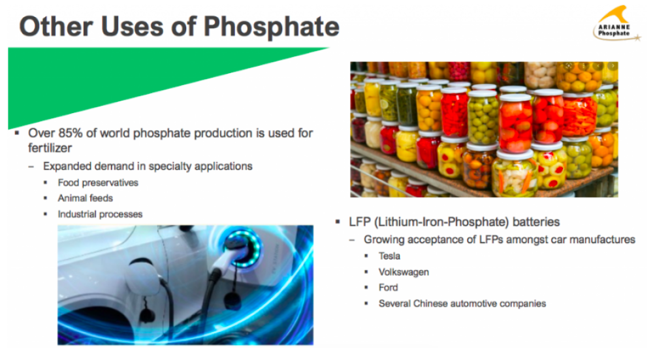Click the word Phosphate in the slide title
click(x=272, y=27)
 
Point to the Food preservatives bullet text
click(x=98, y=182)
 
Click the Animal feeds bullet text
click(x=86, y=198)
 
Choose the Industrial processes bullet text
click(x=100, y=214)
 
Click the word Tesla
click(x=389, y=256)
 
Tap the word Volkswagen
click(x=404, y=272)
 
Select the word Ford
click(x=388, y=287)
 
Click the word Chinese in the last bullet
click(x=430, y=303)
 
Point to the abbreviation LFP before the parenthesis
click(x=360, y=221)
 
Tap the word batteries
click(x=536, y=221)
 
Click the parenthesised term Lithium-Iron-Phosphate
click(x=441, y=221)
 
